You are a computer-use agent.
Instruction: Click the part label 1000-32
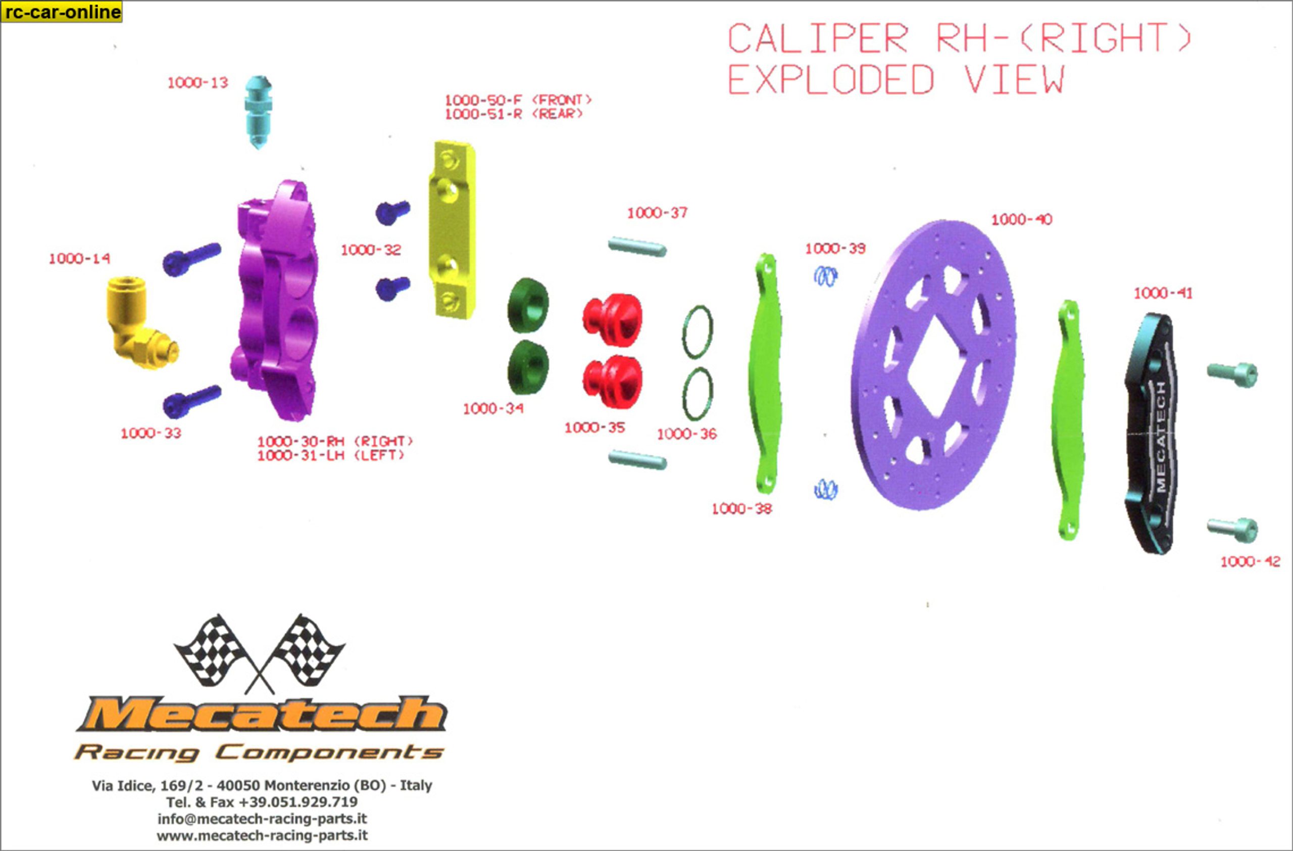tap(371, 250)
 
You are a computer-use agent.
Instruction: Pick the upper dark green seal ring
tap(527, 305)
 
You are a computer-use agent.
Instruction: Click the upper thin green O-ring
tap(697, 332)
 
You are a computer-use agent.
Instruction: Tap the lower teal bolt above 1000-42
tap(1232, 529)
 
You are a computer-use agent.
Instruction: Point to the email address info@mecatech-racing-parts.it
tap(262, 818)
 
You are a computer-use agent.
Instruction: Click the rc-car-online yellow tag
tap(62, 12)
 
